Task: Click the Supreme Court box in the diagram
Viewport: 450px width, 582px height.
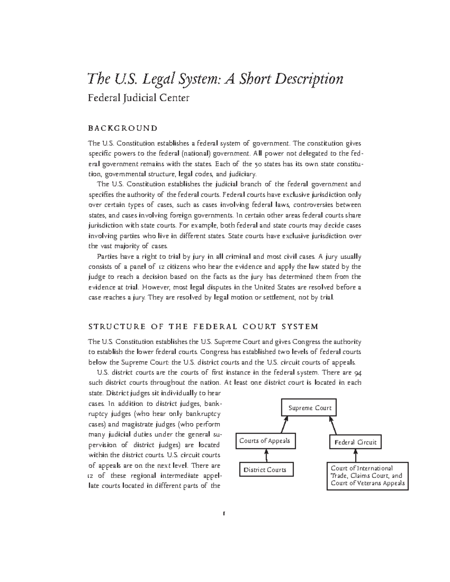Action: pyautogui.click(x=309, y=408)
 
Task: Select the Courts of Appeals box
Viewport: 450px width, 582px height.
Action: pyautogui.click(x=265, y=441)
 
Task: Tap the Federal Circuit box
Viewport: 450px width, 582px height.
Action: pyautogui.click(x=355, y=442)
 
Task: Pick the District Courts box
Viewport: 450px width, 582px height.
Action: pyautogui.click(x=265, y=470)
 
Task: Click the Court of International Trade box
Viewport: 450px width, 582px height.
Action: pyautogui.click(x=367, y=476)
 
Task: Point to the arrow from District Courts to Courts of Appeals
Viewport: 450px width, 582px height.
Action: pyautogui.click(x=266, y=455)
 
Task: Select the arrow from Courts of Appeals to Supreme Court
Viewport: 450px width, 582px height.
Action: pyautogui.click(x=284, y=425)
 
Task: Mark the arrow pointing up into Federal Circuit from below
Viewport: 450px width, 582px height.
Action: pyautogui.click(x=355, y=455)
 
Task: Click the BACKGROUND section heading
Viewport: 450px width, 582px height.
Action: pyautogui.click(x=123, y=128)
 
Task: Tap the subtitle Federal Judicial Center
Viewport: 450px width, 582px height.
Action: pyautogui.click(x=138, y=98)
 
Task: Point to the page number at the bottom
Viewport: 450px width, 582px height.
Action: pyautogui.click(x=223, y=513)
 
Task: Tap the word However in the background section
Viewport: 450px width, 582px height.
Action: pyautogui.click(x=156, y=287)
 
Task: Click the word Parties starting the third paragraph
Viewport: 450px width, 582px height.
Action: pyautogui.click(x=107, y=257)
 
